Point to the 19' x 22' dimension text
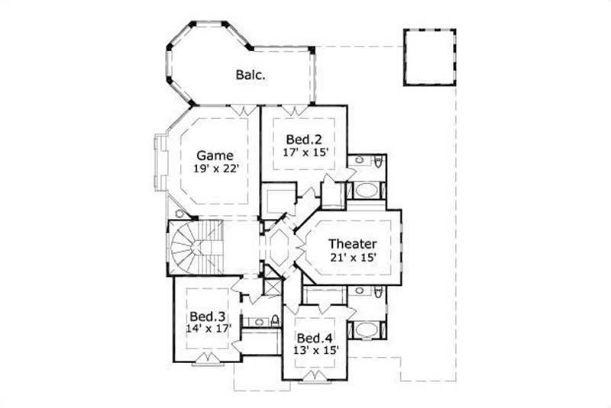(210, 169)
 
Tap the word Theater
(352, 244)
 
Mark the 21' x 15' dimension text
(352, 258)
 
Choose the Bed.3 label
(206, 316)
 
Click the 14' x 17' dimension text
(206, 329)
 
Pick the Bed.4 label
(313, 338)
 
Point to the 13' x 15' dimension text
(314, 351)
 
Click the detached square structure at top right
(428, 58)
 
